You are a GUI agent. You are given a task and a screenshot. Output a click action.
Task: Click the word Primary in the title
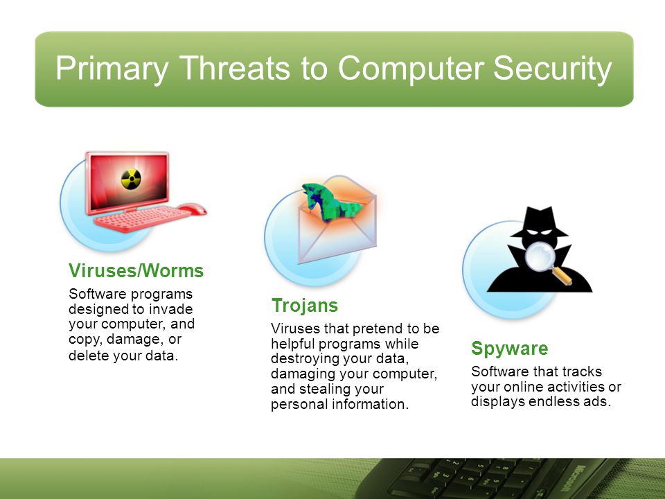pos(112,69)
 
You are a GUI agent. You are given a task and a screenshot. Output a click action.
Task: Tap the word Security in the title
pos(553,69)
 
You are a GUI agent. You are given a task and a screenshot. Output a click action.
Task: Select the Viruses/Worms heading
pos(136,271)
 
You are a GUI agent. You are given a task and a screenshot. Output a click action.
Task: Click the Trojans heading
pos(305,306)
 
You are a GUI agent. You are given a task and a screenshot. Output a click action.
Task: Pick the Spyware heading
pos(509,349)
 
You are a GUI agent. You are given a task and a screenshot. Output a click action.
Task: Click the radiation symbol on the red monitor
pos(131,179)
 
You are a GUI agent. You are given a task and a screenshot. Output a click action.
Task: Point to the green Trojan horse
pos(331,202)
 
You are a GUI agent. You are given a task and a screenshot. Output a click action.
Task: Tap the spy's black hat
pos(539,222)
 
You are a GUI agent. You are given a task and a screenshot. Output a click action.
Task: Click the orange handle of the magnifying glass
pos(562,277)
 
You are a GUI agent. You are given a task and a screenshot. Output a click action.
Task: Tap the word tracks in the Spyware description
pos(583,371)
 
